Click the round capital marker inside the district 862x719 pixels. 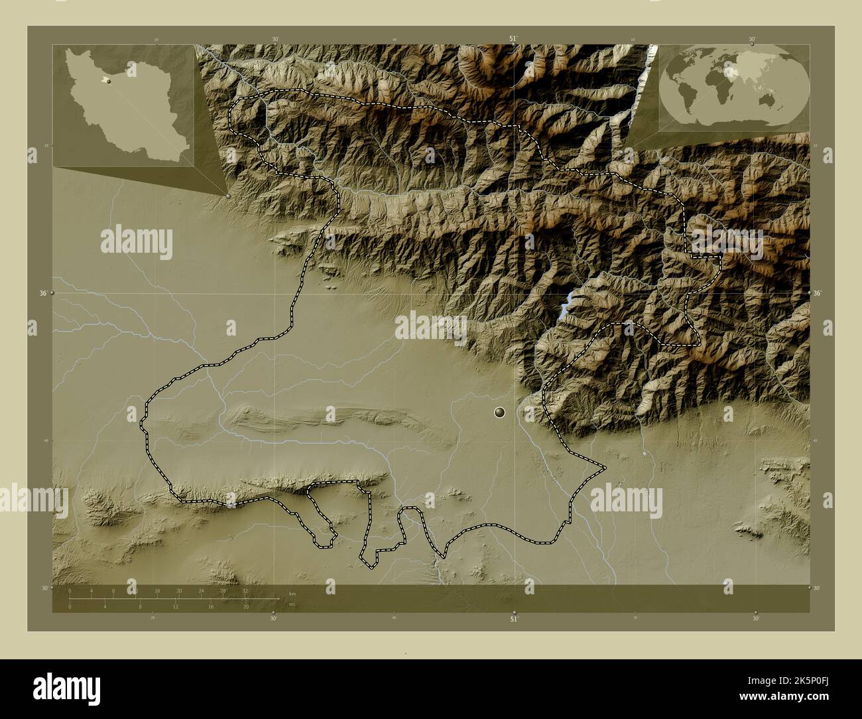[x=500, y=413]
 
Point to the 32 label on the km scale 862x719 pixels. [x=245, y=590]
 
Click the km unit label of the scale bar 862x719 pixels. [x=292, y=592]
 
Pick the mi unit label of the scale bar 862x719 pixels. [x=292, y=604]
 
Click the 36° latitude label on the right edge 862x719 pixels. [x=817, y=293]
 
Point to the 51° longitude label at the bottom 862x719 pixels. [x=513, y=618]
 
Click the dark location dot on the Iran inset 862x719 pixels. [x=108, y=82]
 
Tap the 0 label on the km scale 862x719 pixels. [x=70, y=590]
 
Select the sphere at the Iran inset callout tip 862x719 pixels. [x=229, y=196]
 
